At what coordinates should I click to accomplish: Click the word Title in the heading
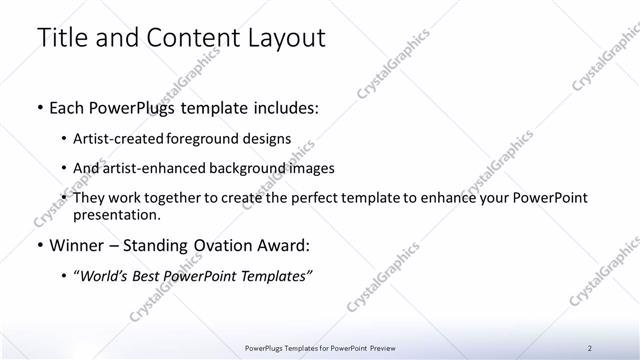[x=60, y=39]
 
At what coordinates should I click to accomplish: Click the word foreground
[x=213, y=139]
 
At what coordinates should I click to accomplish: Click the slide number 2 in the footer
[x=590, y=348]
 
